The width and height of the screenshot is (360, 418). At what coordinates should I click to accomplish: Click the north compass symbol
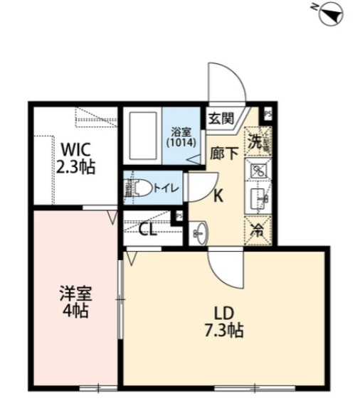click(x=329, y=14)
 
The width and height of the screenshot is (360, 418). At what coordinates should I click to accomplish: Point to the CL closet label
click(x=149, y=229)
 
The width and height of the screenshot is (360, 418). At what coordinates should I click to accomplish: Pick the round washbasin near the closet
click(x=199, y=232)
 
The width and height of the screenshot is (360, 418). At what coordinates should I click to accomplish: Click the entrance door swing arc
click(x=226, y=82)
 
